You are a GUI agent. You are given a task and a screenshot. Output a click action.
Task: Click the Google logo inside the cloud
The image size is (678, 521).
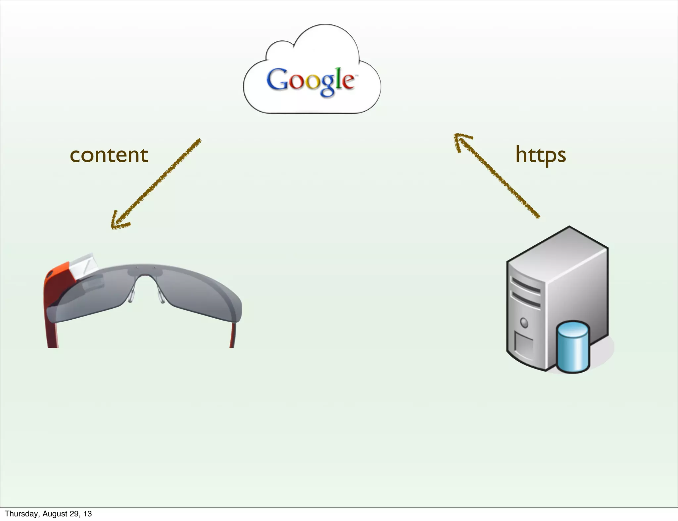click(311, 81)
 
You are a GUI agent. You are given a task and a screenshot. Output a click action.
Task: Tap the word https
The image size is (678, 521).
click(541, 155)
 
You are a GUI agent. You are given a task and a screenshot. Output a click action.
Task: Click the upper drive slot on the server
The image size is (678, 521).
click(526, 286)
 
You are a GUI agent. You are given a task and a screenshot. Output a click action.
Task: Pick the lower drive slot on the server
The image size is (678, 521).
click(526, 300)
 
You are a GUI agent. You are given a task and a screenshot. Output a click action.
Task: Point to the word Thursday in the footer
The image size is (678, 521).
click(21, 514)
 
